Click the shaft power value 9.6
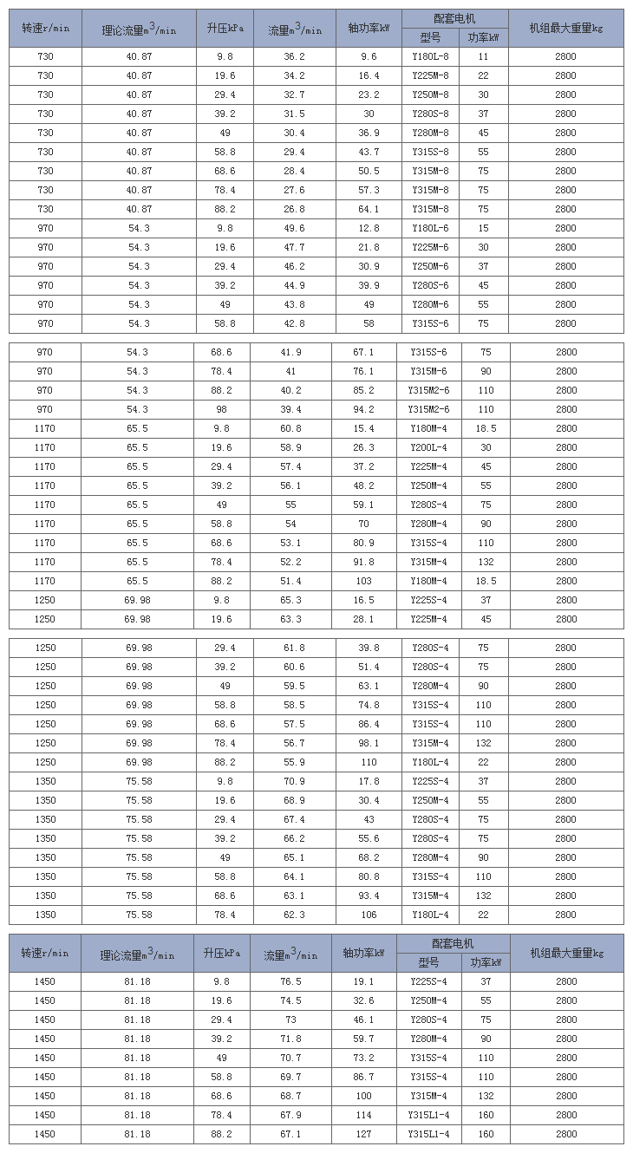(x=369, y=56)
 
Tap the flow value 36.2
(x=295, y=56)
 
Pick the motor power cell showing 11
(x=483, y=56)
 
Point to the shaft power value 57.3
(x=369, y=190)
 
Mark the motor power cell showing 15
(x=483, y=228)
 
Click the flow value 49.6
(x=295, y=228)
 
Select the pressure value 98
(x=222, y=409)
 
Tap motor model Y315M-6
(x=428, y=371)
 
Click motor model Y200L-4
(x=428, y=447)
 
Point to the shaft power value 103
(x=364, y=581)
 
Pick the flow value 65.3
(x=290, y=600)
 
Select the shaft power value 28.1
(x=364, y=619)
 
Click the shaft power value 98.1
(x=369, y=743)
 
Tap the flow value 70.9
(x=295, y=781)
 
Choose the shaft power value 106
(x=369, y=915)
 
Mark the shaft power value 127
(x=364, y=1134)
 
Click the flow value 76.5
(x=290, y=981)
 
